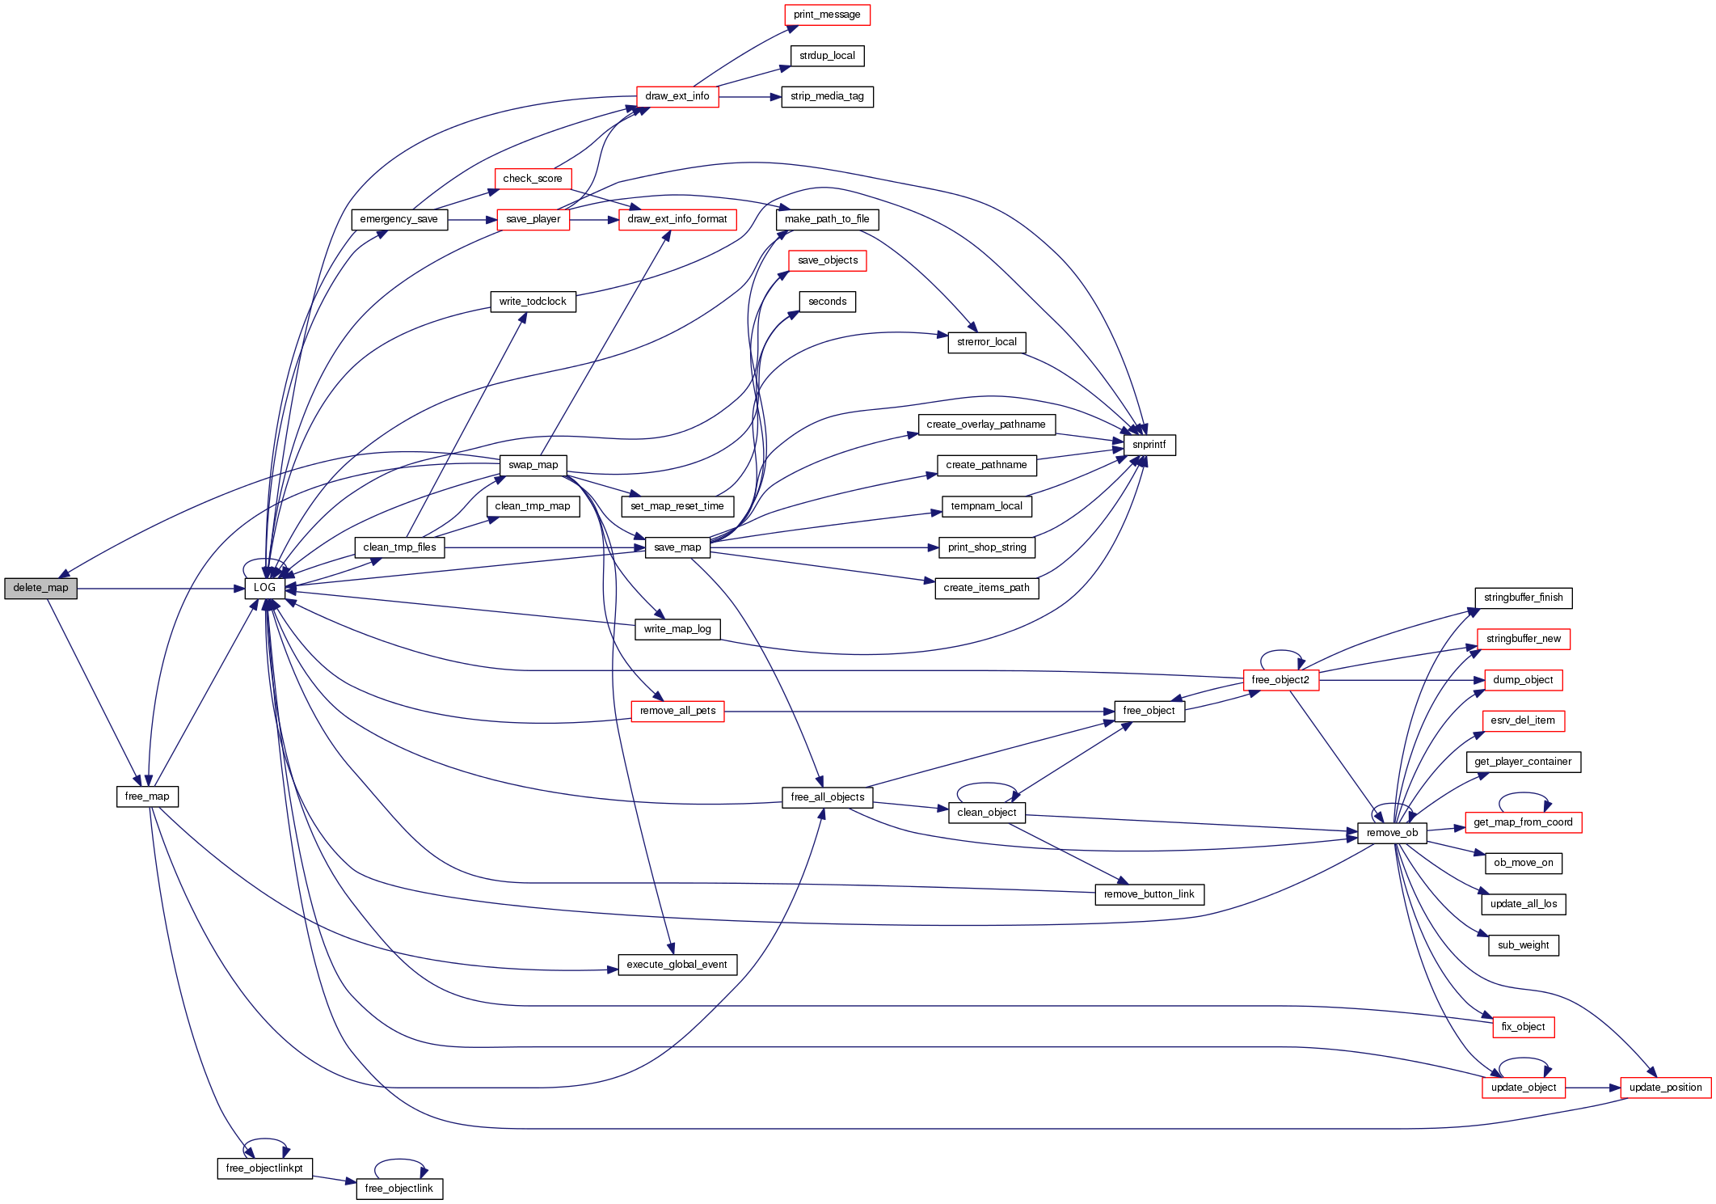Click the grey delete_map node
40,588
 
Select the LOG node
264,588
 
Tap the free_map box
147,796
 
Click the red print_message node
827,15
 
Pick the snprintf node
1149,445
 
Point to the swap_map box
533,465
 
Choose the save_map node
677,547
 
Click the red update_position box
1665,1088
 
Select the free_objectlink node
398,1189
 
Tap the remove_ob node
1392,833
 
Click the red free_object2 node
1280,680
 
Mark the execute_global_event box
677,965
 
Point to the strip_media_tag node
827,96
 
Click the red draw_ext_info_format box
677,219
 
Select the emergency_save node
398,219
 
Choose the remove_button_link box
1149,894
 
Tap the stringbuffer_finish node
1523,598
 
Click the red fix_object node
1523,1027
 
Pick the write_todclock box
533,302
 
